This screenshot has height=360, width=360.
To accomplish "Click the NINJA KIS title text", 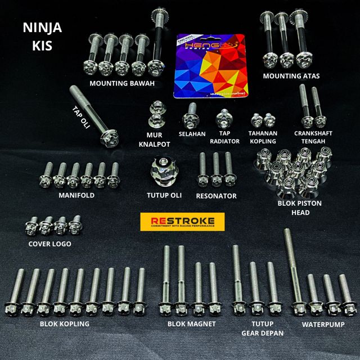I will coord(43,36).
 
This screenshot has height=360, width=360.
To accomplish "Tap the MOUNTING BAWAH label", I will coord(121,83).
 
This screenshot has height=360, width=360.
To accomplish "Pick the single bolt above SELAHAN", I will coord(191,115).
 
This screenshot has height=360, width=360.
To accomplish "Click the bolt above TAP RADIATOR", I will coord(223,118).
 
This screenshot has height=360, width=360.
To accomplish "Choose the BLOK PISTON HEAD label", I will coord(300,207).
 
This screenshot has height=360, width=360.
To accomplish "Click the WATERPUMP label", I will coord(322,324).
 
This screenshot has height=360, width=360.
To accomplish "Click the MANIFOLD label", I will coord(76,196).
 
